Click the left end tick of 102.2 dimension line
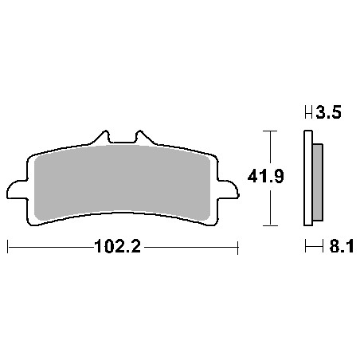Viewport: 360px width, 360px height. click(8, 248)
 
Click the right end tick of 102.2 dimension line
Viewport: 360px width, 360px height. click(239, 248)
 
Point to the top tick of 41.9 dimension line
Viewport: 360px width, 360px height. click(271, 130)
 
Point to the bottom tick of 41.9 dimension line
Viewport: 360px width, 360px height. click(271, 224)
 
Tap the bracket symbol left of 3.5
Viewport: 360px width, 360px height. click(307, 114)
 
